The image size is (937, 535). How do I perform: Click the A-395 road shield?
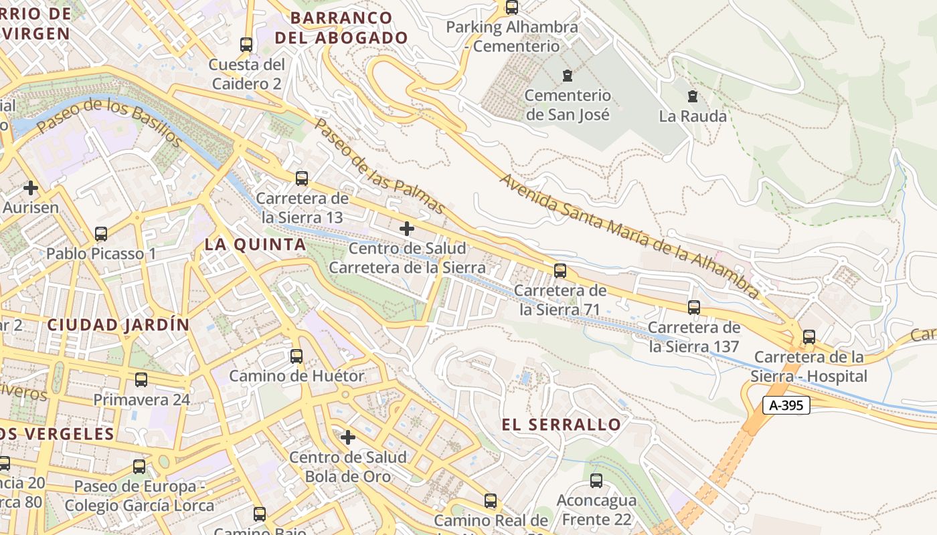[x=786, y=405]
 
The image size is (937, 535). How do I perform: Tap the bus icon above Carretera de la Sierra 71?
[x=560, y=271]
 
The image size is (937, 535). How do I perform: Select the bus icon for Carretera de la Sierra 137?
[x=694, y=308]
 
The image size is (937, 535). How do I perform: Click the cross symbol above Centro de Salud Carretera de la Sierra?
[x=406, y=229]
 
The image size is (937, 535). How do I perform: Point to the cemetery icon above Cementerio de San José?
[x=568, y=75]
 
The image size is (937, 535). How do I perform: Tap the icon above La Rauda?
[x=693, y=96]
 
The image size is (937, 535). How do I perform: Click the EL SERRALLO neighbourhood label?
[x=562, y=425]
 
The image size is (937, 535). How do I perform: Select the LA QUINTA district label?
[x=255, y=245]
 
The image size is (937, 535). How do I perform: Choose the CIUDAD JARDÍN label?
[x=118, y=325]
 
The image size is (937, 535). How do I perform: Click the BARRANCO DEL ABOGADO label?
[x=341, y=27]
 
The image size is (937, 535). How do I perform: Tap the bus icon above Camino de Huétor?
[x=296, y=356]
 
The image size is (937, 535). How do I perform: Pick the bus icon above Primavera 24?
[x=141, y=380]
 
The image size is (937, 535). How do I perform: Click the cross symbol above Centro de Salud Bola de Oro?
[x=347, y=437]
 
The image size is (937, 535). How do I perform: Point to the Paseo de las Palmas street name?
[x=379, y=167]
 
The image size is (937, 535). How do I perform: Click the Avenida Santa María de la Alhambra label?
[x=630, y=236]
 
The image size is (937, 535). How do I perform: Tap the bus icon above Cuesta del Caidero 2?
[x=246, y=45]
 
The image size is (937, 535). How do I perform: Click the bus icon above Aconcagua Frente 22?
[x=596, y=481]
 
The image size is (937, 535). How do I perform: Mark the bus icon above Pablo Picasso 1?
[x=101, y=234]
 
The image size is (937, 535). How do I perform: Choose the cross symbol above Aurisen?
[x=30, y=188]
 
